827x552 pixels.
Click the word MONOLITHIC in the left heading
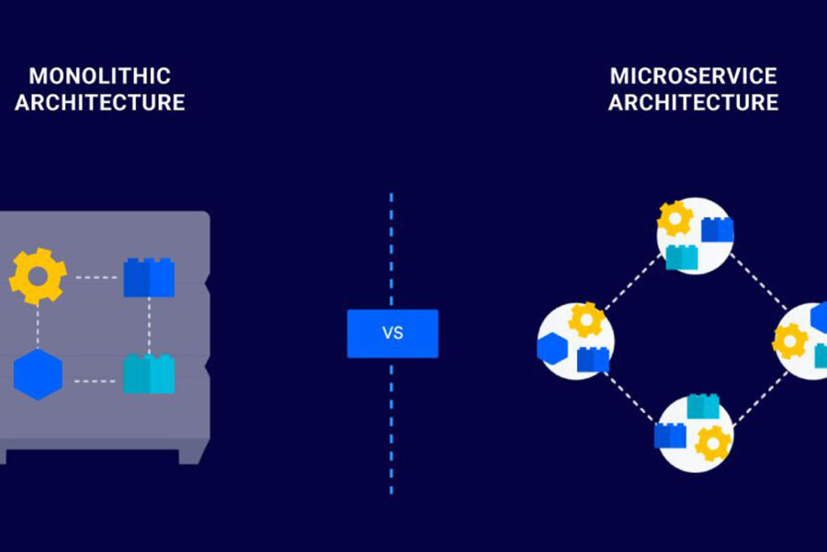(x=99, y=75)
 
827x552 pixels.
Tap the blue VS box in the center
(x=392, y=333)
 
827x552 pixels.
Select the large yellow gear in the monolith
(x=38, y=275)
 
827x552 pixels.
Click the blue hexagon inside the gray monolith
(x=38, y=374)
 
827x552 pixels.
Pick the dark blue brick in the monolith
(x=149, y=277)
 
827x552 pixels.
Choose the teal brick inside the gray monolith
(x=149, y=374)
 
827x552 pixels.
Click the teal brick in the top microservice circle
(x=682, y=258)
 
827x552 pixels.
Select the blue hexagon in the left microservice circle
(x=553, y=349)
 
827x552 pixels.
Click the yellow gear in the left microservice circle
(x=585, y=320)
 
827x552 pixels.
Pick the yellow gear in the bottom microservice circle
(x=713, y=443)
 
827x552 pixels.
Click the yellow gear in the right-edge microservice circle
(x=790, y=340)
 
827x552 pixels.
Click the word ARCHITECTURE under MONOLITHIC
(x=99, y=102)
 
